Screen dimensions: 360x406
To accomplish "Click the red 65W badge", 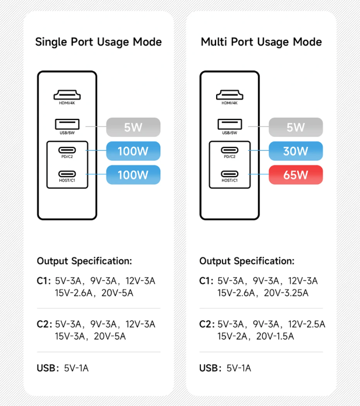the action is (296, 175).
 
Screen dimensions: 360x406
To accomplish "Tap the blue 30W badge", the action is (296, 151).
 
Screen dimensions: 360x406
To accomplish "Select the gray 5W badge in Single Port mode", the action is (133, 127).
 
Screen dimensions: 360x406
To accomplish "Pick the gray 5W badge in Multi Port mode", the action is (296, 127).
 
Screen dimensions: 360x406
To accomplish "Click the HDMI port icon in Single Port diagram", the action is (67, 95).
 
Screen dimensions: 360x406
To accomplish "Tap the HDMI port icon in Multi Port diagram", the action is (230, 95).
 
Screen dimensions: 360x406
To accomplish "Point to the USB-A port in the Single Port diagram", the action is (67, 124).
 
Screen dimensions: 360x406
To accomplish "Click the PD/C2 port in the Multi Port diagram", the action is (230, 150).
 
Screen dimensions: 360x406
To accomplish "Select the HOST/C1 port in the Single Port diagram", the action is (67, 174).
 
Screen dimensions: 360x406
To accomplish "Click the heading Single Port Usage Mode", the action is (98, 42).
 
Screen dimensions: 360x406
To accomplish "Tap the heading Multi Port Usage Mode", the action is (262, 42).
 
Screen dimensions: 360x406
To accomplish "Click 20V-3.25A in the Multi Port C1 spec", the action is (286, 293).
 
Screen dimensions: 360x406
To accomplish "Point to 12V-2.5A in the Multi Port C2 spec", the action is (306, 324).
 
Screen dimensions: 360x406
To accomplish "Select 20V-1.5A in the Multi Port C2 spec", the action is (275, 336).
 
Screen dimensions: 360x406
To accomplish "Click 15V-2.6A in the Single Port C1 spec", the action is (73, 293).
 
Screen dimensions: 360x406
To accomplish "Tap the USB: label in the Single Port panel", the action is (48, 368).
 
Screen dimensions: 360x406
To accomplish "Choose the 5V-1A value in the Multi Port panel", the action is (239, 368).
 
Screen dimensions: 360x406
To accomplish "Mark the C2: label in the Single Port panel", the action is (44, 324).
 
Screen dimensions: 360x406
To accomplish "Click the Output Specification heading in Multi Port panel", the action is (247, 261).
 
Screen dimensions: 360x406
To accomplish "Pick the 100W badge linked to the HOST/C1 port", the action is (133, 175).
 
